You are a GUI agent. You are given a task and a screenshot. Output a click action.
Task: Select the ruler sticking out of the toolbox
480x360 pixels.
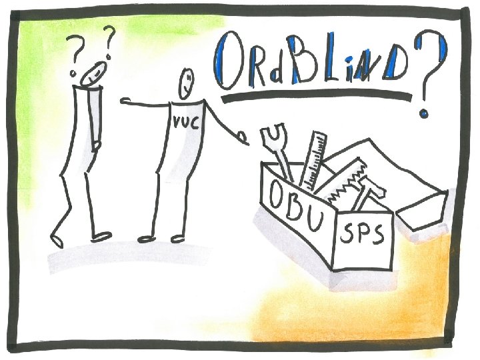315,160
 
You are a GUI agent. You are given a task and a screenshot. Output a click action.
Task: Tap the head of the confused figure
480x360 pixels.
91,72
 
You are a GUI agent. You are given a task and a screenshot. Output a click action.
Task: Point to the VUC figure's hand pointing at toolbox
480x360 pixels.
243,139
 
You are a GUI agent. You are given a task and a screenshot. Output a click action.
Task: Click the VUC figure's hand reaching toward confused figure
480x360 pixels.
127,101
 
